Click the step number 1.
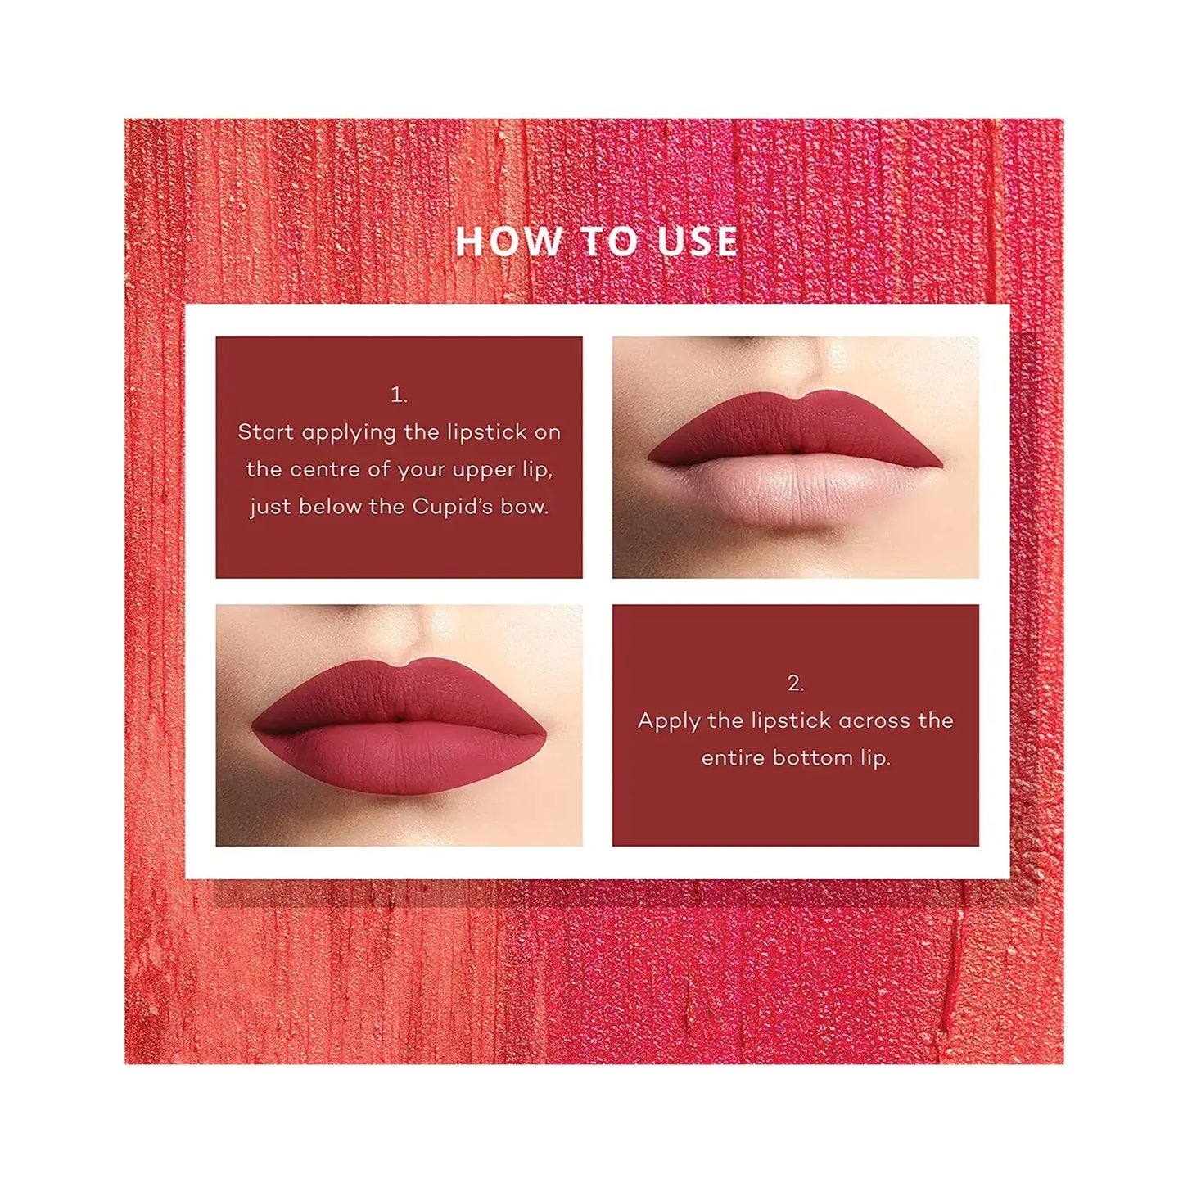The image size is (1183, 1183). click(399, 395)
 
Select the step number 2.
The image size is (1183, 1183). click(795, 684)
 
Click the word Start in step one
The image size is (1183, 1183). click(266, 432)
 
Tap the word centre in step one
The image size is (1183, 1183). click(325, 470)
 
